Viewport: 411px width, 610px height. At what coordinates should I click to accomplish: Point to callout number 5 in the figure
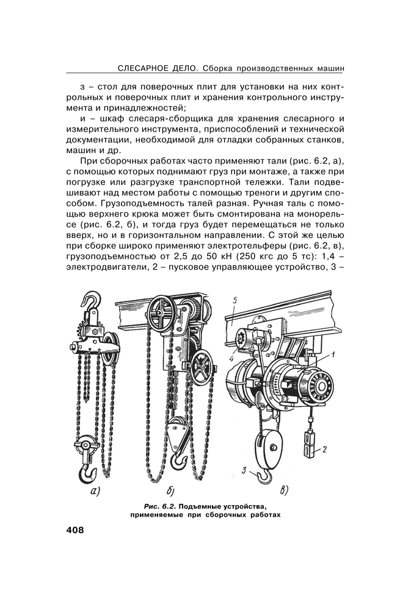235,300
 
